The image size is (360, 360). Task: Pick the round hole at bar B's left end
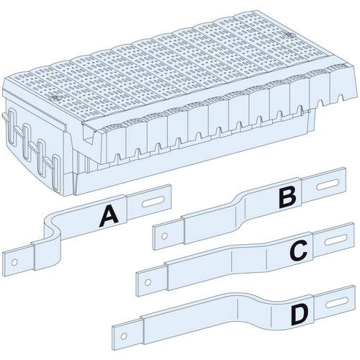pos(165,234)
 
